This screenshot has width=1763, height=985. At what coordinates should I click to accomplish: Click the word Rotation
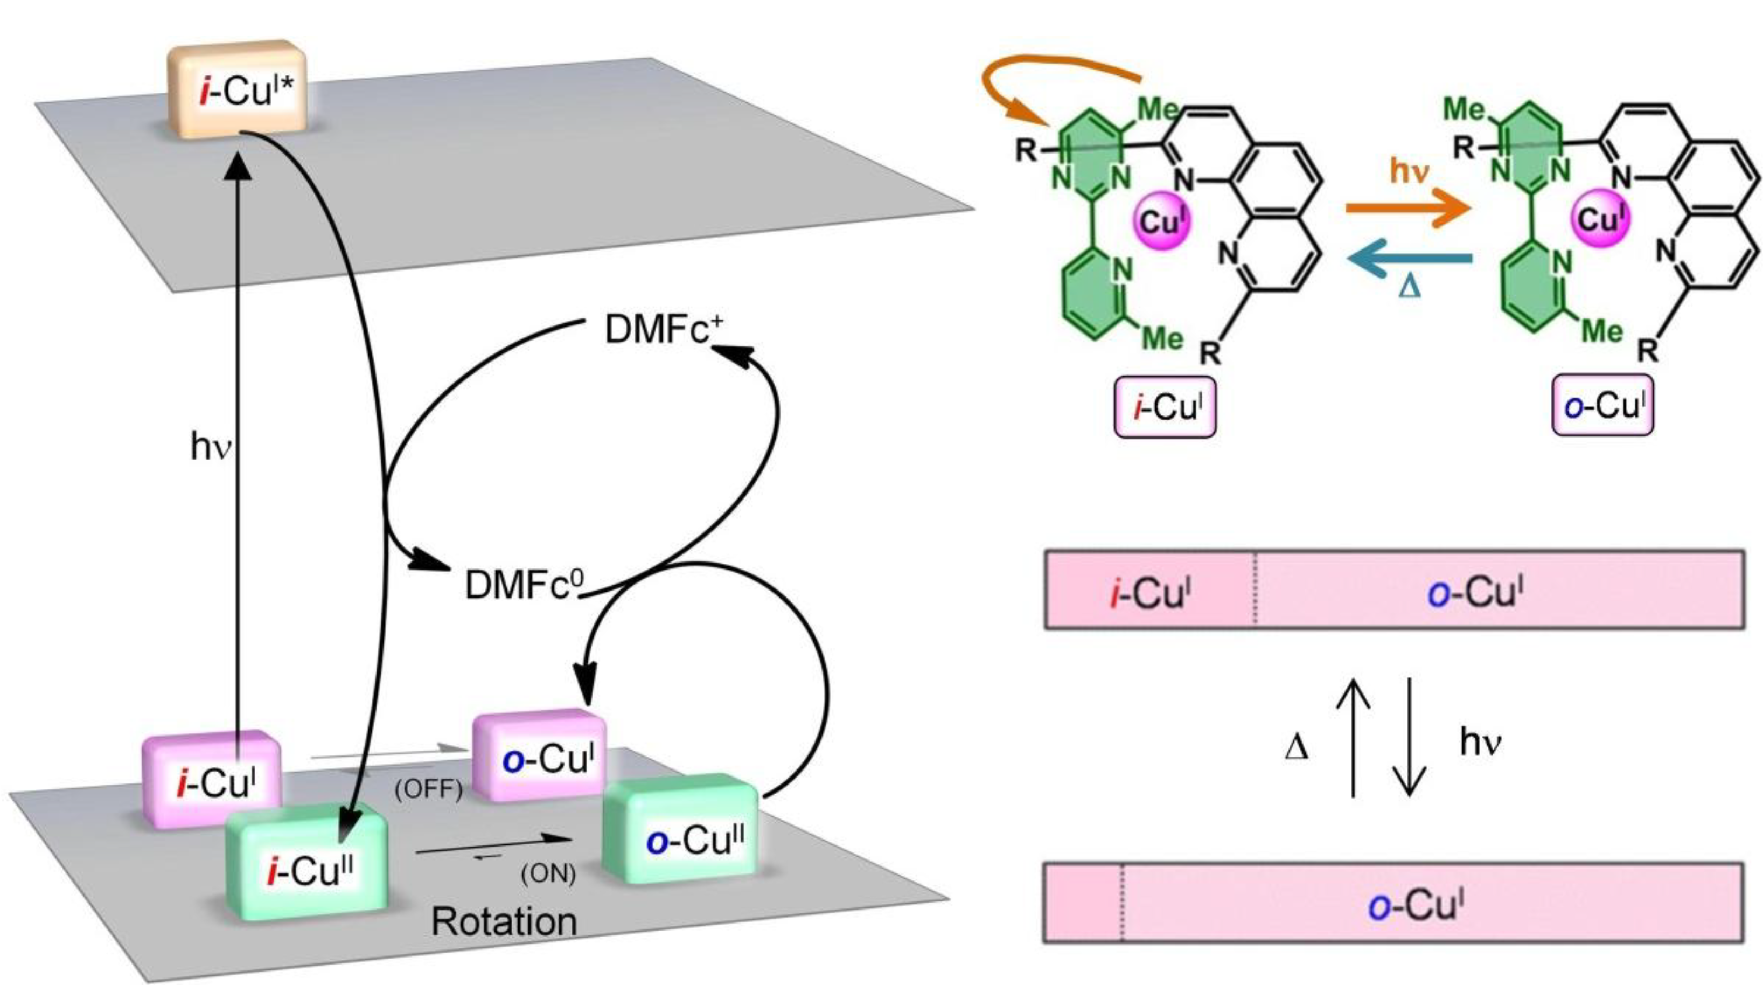(504, 922)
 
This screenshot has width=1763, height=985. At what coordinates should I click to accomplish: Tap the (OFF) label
(428, 790)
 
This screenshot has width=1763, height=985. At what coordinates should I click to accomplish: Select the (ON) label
(547, 874)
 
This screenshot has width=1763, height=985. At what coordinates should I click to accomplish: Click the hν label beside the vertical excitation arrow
(210, 448)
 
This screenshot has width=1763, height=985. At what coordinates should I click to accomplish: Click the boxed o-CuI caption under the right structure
(1602, 406)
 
